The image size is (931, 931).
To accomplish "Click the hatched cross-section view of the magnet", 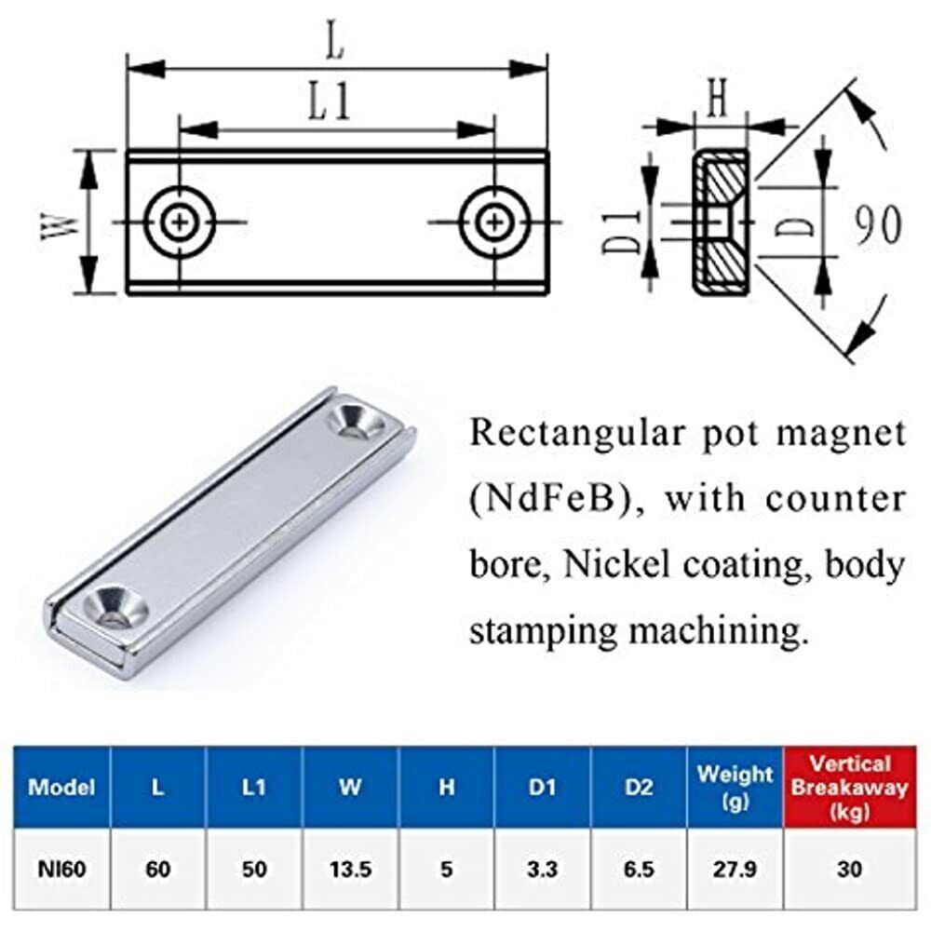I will [x=721, y=223].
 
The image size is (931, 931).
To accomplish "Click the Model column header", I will [x=61, y=788].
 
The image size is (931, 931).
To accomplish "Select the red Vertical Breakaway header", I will [x=850, y=788].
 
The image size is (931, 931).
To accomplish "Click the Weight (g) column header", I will [x=735, y=788].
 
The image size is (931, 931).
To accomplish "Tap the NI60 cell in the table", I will [x=61, y=870].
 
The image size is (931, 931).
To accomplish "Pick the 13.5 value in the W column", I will [x=350, y=870].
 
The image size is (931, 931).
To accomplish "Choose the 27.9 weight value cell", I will [x=735, y=870].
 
